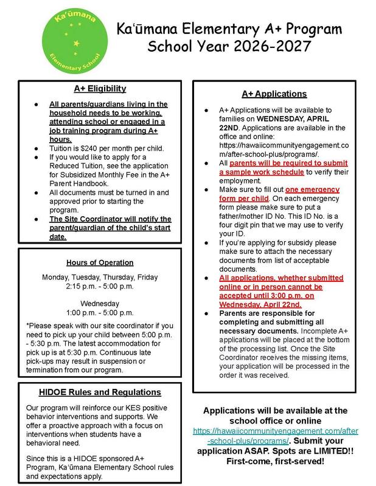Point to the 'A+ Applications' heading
[274, 94]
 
